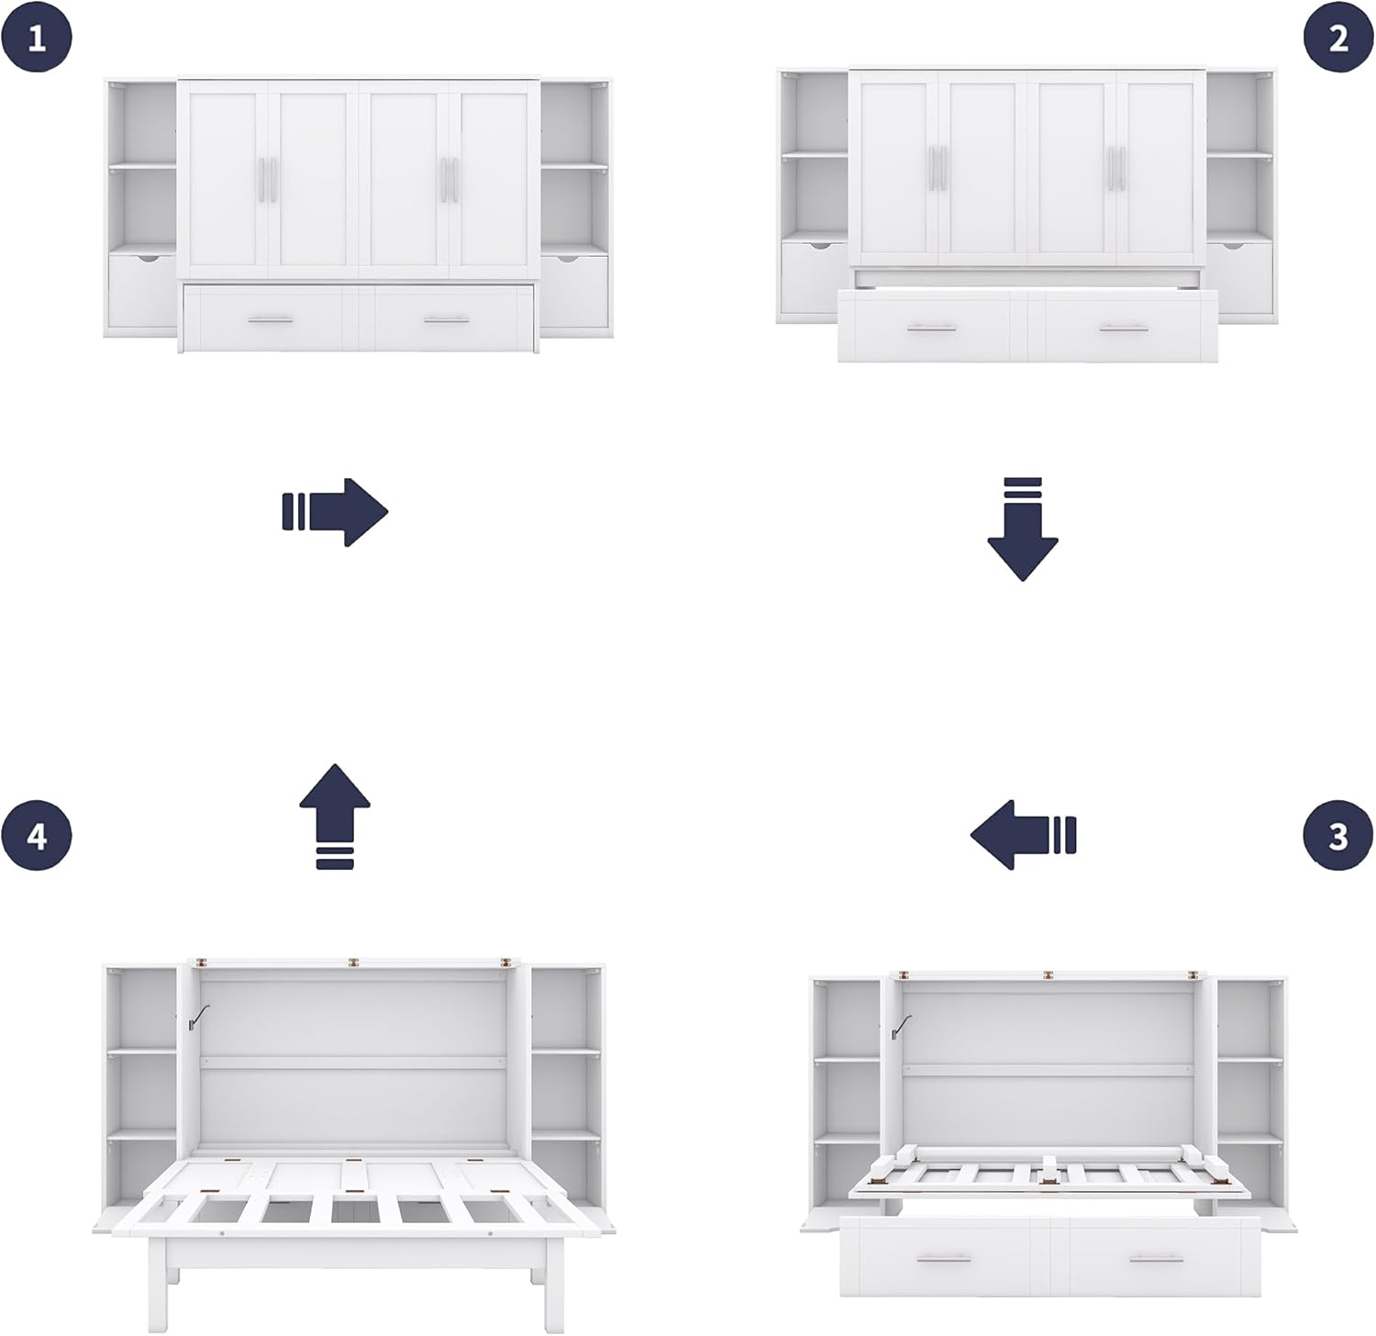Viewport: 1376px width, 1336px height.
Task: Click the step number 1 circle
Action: pyautogui.click(x=37, y=39)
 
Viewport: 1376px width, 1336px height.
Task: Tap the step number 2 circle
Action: pyautogui.click(x=1338, y=39)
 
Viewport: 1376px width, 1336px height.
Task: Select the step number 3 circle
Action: pyautogui.click(x=1338, y=836)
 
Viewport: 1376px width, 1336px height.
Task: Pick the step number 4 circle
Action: pyautogui.click(x=37, y=836)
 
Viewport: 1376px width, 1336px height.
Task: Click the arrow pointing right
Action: pyautogui.click(x=336, y=511)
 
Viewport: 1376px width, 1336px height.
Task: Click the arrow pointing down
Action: pyautogui.click(x=1023, y=529)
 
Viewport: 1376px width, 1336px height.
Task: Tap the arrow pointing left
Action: pyautogui.click(x=1023, y=834)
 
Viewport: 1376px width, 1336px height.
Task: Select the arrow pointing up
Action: pyautogui.click(x=335, y=816)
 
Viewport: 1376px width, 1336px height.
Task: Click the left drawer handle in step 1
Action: pyautogui.click(x=271, y=320)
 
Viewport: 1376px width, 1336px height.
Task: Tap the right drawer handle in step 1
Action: pyautogui.click(x=447, y=320)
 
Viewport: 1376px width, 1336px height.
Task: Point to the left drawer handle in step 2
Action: pyautogui.click(x=931, y=328)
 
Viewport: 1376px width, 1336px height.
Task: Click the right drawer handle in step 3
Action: pyautogui.click(x=1156, y=1259)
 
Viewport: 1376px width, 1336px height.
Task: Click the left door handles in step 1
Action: pyautogui.click(x=268, y=178)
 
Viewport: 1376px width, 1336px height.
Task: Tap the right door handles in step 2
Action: pyautogui.click(x=1115, y=168)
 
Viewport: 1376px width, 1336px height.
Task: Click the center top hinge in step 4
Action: pyautogui.click(x=352, y=963)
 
